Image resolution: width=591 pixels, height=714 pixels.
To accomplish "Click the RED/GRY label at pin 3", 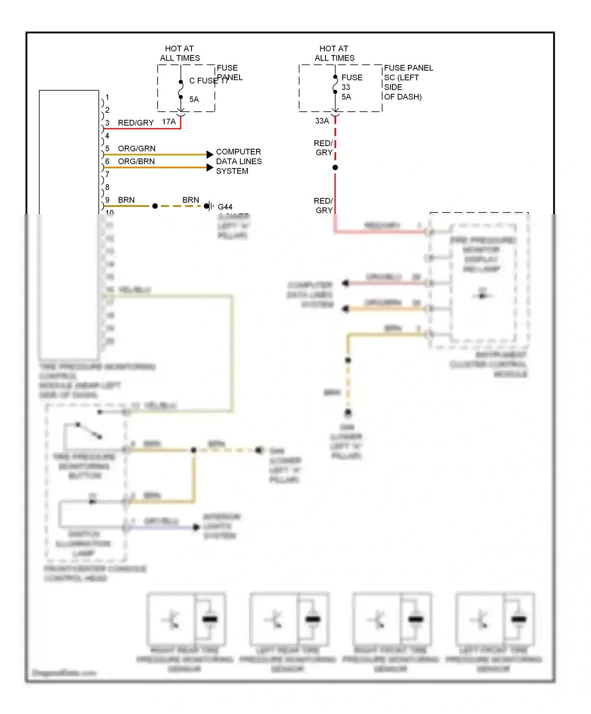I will pyautogui.click(x=136, y=123).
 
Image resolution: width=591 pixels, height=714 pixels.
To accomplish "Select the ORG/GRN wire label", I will pyautogui.click(x=136, y=148).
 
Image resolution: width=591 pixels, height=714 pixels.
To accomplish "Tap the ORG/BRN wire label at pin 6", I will pyautogui.click(x=136, y=161).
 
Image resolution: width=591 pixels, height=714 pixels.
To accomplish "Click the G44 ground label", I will pyautogui.click(x=225, y=207).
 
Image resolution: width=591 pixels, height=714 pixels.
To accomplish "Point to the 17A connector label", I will pyautogui.click(x=169, y=122).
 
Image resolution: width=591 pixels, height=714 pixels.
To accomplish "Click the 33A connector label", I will pyautogui.click(x=322, y=121).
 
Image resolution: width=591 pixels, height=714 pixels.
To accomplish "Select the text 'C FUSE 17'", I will pyautogui.click(x=209, y=81).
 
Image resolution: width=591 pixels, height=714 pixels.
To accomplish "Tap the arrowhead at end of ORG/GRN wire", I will pyautogui.click(x=210, y=154).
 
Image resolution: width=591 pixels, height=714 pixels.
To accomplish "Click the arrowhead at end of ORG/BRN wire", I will pyautogui.click(x=210, y=167).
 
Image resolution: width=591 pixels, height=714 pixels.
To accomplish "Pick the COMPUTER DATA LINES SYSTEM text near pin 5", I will pyautogui.click(x=238, y=161).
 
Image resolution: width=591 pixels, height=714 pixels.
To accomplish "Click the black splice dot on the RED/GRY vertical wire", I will pyautogui.click(x=335, y=167).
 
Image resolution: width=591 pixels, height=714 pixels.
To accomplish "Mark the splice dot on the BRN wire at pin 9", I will pyautogui.click(x=155, y=206).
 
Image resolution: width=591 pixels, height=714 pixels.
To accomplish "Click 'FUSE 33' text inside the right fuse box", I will pyautogui.click(x=351, y=82).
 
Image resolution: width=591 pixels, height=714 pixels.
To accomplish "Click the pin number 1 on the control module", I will pyautogui.click(x=107, y=97).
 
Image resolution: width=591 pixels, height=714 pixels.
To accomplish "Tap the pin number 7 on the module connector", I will pyautogui.click(x=107, y=174).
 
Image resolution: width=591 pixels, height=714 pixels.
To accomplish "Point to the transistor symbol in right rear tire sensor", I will pyautogui.click(x=172, y=620).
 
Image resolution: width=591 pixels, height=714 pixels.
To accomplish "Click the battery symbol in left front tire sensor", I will pyautogui.click(x=519, y=619).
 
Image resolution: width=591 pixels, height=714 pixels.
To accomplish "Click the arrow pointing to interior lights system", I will pyautogui.click(x=196, y=527).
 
